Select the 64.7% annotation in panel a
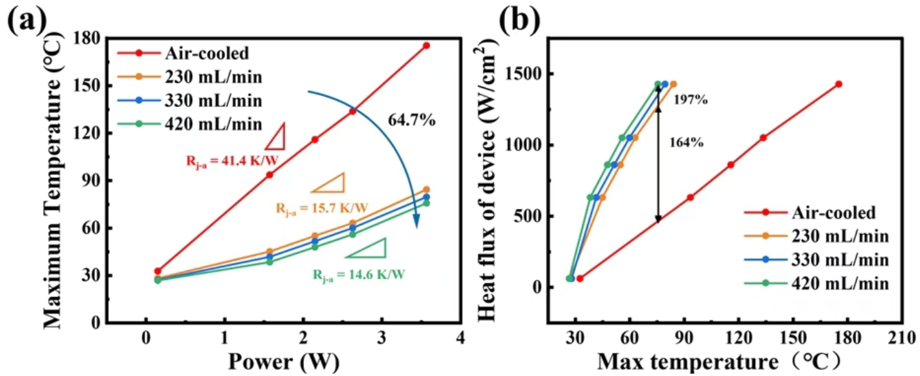coord(412,121)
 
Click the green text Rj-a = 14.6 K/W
coord(358,275)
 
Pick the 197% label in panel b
coord(690,100)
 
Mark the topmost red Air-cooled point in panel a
coord(427,46)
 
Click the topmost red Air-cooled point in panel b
coord(838,84)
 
